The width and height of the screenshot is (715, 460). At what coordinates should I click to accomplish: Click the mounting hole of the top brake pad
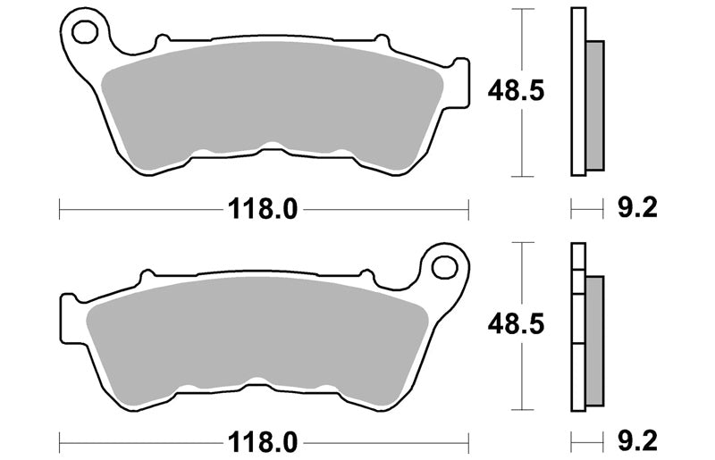click(85, 32)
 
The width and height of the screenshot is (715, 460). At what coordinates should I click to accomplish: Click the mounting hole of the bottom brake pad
click(444, 267)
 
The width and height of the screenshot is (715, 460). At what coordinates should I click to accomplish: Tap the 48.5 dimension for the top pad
click(516, 91)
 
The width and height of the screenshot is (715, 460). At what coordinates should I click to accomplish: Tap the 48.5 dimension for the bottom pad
click(516, 324)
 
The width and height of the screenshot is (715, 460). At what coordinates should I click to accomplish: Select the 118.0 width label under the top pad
click(263, 209)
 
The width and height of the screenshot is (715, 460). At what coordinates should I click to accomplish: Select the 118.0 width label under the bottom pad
click(263, 442)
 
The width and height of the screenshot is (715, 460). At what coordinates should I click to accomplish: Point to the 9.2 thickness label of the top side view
click(637, 208)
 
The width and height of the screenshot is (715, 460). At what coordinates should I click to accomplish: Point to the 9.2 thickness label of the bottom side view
click(637, 441)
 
